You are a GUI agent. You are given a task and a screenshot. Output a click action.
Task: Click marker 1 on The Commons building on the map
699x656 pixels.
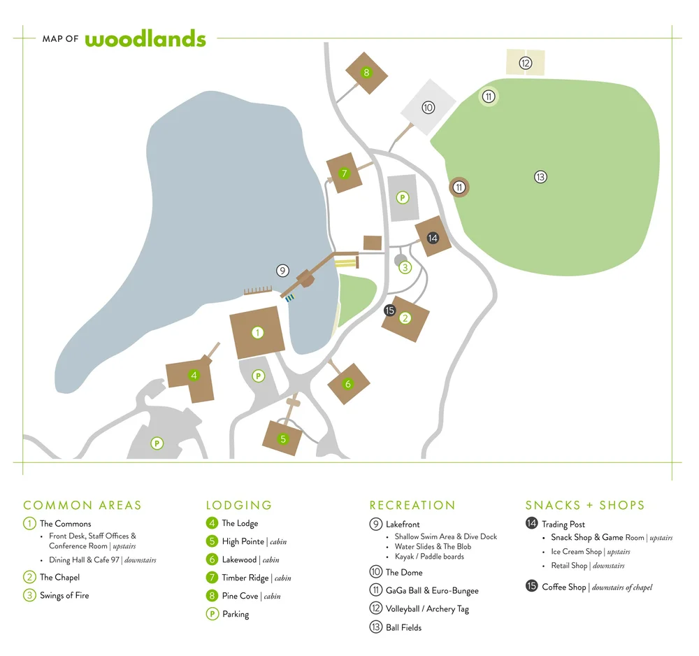click(258, 333)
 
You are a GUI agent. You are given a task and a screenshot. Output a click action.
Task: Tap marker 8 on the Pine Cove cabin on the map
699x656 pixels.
click(366, 73)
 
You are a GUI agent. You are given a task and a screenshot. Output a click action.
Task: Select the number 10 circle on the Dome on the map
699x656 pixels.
click(428, 107)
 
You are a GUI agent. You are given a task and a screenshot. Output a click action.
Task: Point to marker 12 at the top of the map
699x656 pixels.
click(526, 63)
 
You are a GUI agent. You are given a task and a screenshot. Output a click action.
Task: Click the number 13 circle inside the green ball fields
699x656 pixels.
click(540, 177)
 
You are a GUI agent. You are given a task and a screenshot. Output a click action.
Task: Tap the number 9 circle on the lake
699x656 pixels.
click(282, 271)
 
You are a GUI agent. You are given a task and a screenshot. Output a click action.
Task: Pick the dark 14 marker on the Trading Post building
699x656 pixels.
click(433, 238)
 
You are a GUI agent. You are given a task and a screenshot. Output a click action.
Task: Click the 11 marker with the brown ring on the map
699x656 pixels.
click(459, 187)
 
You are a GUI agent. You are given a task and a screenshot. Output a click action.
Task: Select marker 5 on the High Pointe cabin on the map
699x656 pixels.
click(283, 439)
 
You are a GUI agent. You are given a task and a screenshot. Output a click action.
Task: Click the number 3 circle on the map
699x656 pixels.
click(405, 267)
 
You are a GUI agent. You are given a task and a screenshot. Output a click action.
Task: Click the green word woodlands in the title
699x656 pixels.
click(145, 38)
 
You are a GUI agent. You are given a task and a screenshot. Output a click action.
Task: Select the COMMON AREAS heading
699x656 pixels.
click(82, 505)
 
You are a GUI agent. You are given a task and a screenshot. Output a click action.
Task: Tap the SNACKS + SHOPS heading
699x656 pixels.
click(585, 505)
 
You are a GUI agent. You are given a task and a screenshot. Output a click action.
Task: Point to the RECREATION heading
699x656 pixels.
click(412, 505)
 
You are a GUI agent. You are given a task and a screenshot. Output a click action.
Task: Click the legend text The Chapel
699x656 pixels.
click(59, 577)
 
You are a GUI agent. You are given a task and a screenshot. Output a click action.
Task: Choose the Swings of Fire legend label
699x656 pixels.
click(64, 595)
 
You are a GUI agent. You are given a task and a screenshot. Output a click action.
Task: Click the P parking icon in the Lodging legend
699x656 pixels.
click(211, 614)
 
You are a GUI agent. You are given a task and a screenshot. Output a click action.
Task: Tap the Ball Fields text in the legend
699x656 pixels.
click(403, 627)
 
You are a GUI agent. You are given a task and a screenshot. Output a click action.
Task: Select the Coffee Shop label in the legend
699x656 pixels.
click(563, 587)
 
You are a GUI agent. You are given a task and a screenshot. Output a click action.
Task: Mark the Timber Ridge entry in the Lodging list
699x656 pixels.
click(244, 578)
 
